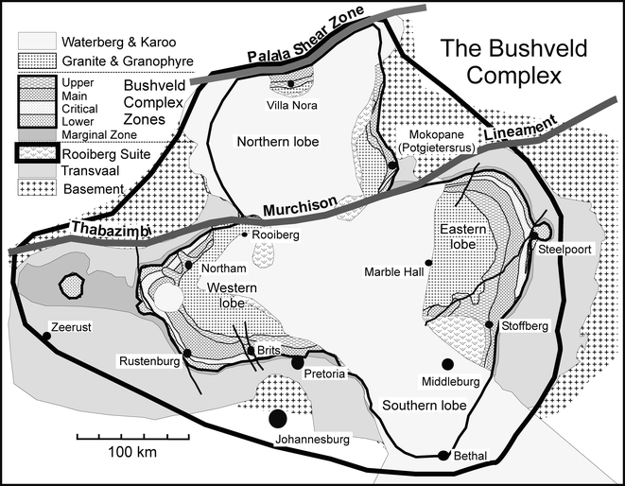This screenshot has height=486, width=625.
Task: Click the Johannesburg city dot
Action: point(277,417)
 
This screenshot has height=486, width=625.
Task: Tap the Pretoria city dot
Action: point(297,362)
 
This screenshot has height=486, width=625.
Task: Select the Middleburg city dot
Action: point(446,364)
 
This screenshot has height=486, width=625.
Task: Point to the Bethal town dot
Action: point(443,455)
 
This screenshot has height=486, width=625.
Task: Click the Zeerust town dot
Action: point(45,336)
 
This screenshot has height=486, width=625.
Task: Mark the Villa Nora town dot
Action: point(291,84)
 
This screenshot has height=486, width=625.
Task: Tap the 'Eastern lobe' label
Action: point(459,237)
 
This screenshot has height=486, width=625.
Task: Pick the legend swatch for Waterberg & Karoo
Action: point(36,43)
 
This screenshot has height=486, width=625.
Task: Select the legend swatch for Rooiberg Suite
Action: point(36,152)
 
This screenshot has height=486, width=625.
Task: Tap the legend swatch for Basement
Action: point(36,188)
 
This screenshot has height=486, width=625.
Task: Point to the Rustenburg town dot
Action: point(187,354)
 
